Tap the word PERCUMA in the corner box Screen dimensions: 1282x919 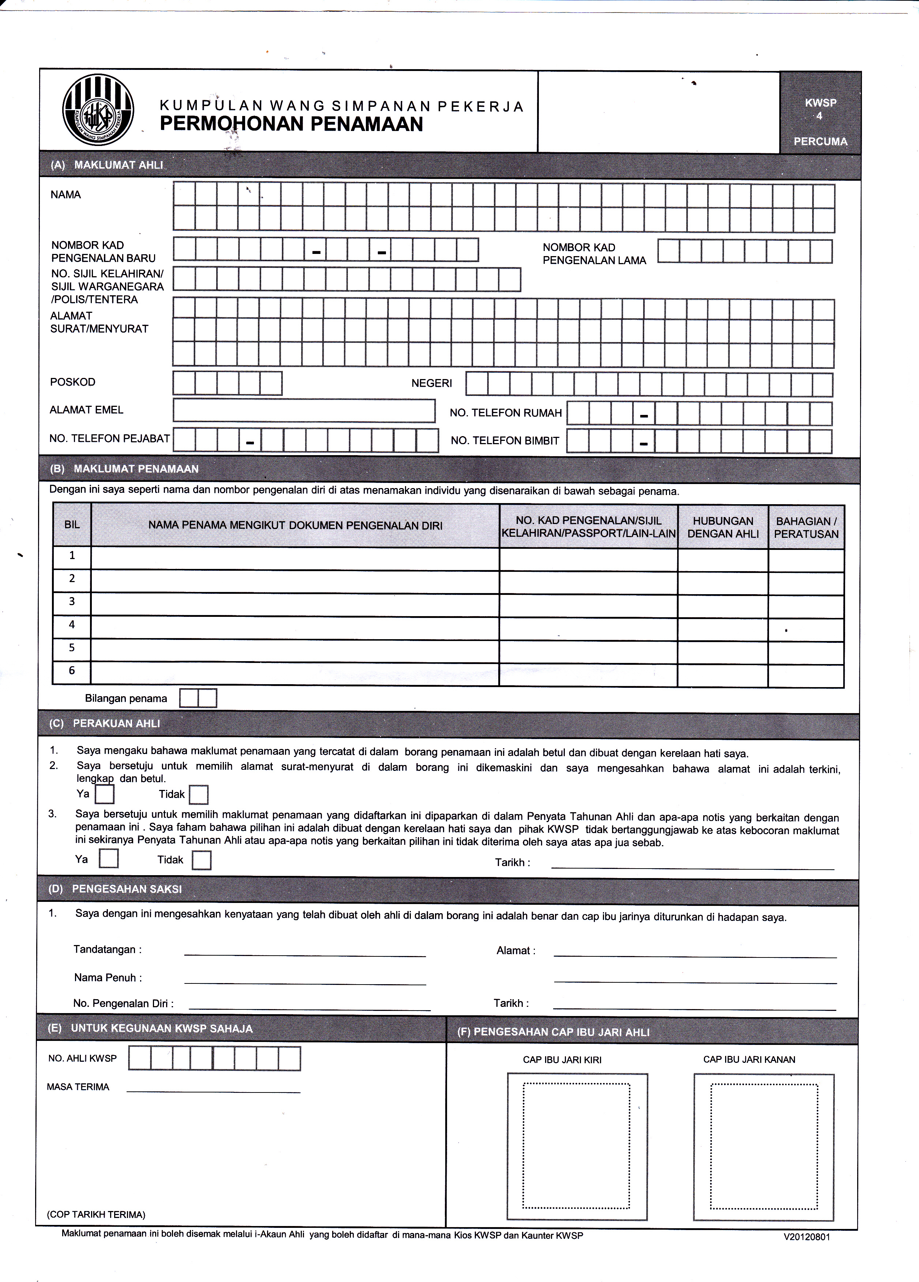click(x=820, y=141)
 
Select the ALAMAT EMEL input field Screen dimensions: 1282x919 click(x=304, y=411)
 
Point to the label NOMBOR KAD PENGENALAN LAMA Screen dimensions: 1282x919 click(x=594, y=254)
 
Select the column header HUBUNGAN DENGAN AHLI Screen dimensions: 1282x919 click(x=723, y=527)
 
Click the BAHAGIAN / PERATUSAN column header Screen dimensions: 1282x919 click(x=806, y=527)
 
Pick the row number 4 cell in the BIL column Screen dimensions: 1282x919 click(x=72, y=625)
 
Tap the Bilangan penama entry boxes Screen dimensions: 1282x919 click(x=198, y=698)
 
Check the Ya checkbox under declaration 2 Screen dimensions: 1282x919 click(x=105, y=795)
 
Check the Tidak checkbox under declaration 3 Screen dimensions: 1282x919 click(x=201, y=860)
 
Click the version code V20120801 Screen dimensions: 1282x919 click(x=807, y=1237)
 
